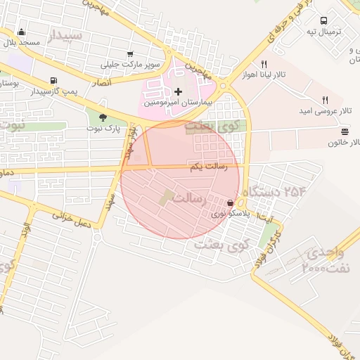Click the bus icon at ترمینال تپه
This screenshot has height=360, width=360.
click(323, 20)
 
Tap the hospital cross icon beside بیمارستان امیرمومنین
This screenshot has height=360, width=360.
click(178, 91)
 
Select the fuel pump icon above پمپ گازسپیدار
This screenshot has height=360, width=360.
click(54, 80)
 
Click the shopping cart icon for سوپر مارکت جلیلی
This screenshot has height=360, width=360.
click(130, 54)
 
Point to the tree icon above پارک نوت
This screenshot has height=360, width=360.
click(103, 117)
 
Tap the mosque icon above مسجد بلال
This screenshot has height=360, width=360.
click(21, 32)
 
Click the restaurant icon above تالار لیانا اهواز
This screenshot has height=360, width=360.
click(264, 64)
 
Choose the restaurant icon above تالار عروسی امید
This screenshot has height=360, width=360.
click(324, 100)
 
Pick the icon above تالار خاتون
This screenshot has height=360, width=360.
click(344, 131)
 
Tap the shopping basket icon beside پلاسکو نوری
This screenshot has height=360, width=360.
click(231, 203)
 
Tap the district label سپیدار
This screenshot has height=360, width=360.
click(66, 34)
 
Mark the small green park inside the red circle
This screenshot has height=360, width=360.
click(167, 198)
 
